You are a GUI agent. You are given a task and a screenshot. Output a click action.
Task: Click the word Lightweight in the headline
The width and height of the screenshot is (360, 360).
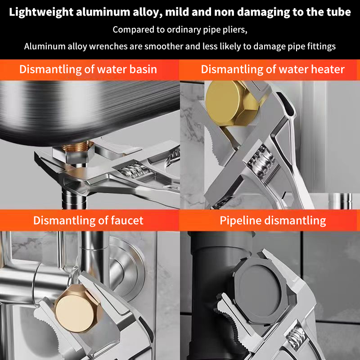coord(41,12)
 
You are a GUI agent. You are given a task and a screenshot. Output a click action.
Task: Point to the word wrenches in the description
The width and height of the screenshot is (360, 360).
coord(108,46)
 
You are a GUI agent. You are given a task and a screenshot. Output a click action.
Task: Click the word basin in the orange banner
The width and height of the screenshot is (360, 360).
coord(143,69)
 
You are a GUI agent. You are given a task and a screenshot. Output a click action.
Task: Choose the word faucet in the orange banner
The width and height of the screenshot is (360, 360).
coord(127,220)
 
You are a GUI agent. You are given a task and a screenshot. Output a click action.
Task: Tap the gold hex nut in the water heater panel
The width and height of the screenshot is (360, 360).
coord(232,103)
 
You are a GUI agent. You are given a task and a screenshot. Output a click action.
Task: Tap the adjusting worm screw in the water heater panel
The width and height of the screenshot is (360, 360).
coord(261,161)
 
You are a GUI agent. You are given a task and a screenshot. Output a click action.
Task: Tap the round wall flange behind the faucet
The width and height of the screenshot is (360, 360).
coord(124,269)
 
